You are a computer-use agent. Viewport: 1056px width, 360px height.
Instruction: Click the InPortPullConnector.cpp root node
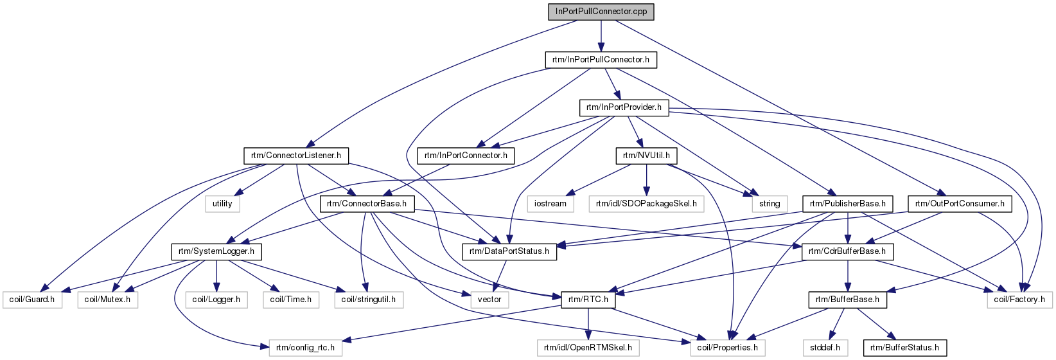click(601, 12)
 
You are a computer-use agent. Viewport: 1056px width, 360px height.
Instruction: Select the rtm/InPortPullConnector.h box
click(601, 60)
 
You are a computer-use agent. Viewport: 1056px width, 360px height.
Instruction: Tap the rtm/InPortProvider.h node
click(624, 107)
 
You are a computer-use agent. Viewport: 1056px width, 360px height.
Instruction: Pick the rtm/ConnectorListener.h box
click(296, 156)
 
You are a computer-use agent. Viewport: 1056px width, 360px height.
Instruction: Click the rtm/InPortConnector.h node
click(466, 156)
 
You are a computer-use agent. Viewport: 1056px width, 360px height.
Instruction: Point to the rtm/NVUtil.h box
click(646, 156)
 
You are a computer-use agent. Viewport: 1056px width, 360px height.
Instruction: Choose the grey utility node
click(222, 204)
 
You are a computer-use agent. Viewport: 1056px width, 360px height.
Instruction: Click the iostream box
click(550, 204)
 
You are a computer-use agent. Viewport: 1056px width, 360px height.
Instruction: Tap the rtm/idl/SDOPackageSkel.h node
click(646, 204)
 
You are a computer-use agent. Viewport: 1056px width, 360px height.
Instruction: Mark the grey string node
click(770, 204)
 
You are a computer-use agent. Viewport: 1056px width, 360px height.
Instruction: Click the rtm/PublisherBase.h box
click(847, 204)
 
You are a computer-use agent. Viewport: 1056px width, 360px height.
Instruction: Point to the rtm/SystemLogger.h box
click(216, 251)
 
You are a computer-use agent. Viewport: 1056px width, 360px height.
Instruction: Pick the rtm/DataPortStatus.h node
click(509, 251)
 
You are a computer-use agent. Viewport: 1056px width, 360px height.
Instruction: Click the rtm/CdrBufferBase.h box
click(847, 251)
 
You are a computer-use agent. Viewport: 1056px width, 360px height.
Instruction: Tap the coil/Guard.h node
click(32, 300)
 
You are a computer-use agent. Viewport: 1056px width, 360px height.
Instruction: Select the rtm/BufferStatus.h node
click(904, 348)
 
